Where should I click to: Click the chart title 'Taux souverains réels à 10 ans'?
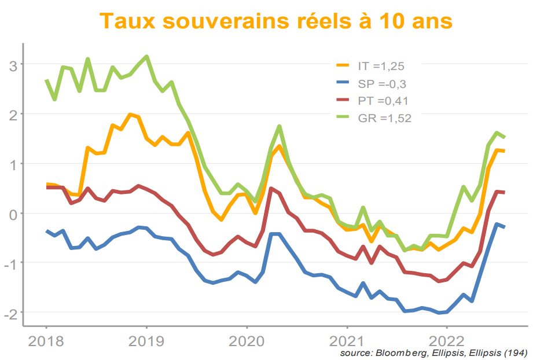[x=275, y=21]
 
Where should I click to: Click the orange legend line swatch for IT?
[x=344, y=66]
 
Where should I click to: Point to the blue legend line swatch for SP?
[x=344, y=83]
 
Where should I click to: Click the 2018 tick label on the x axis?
[x=46, y=341]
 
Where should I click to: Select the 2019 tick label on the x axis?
[x=146, y=341]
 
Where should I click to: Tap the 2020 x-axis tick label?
[x=247, y=341]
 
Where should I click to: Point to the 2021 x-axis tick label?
[x=347, y=341]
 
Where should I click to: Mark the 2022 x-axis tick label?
[x=447, y=341]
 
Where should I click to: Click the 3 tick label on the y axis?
[x=13, y=65]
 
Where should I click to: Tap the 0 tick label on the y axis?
[x=13, y=214]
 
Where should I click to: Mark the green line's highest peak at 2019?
[x=147, y=57]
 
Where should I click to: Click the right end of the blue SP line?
[x=504, y=227]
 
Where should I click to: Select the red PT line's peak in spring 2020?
[x=271, y=189]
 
